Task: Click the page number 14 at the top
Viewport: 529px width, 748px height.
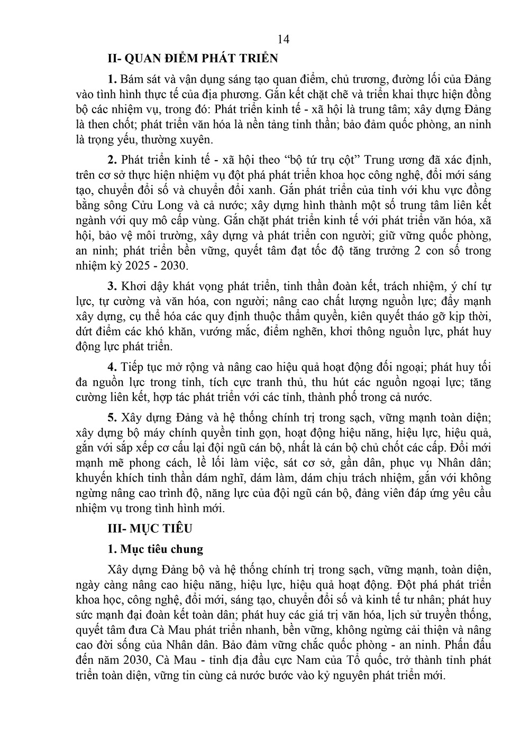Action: click(283, 39)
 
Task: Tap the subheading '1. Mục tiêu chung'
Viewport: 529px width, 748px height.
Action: click(155, 549)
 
